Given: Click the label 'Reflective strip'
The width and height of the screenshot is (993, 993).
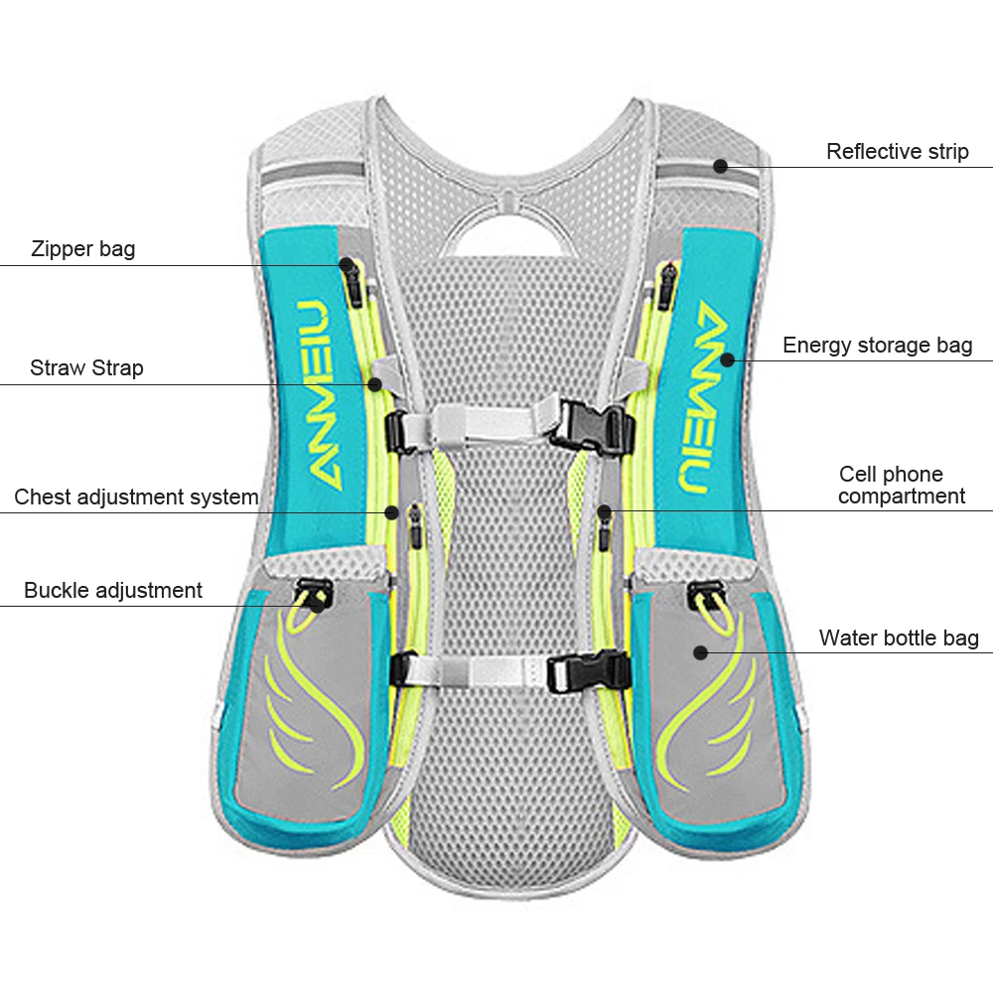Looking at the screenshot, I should point(897,152).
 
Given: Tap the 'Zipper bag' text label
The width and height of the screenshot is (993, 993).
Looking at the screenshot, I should point(82,248).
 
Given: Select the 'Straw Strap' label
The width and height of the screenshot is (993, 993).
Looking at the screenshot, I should point(86,368).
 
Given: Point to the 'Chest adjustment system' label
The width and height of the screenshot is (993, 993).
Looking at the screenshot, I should point(136,496).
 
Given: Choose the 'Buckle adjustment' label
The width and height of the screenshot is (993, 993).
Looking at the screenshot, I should point(112,591).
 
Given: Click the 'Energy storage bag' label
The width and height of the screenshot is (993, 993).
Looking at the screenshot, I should point(877,346).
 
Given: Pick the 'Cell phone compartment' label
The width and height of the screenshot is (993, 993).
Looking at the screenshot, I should point(901,485).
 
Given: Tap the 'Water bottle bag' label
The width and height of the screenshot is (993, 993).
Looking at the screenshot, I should point(899,638).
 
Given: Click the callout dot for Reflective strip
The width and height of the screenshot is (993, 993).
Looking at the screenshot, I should point(721,167).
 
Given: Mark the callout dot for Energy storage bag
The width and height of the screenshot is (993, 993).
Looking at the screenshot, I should point(728,359).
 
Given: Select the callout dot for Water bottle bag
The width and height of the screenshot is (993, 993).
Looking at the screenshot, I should point(700,652).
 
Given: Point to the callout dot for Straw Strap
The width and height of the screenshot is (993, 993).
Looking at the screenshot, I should point(375,383).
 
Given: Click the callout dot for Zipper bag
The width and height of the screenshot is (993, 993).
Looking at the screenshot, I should point(347,265).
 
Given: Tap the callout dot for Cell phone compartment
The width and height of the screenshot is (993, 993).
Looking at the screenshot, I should point(604,511).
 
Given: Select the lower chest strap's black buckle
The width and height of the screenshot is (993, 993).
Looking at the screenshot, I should point(592,672).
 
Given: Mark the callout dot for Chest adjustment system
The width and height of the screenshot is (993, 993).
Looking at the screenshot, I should point(392,512).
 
